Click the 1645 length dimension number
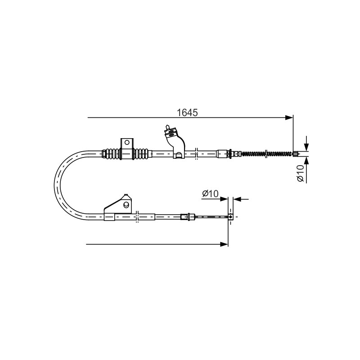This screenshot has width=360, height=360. tap(187, 113)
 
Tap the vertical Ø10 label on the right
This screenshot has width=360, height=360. tap(301, 173)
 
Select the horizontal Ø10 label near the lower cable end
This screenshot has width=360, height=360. tap(210, 193)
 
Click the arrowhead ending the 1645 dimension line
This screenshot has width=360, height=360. tap(289, 117)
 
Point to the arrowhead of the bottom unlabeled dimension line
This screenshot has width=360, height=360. tap(224, 244)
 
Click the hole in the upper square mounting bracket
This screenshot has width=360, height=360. tap(127, 142)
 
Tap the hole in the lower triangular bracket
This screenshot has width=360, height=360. tap(126, 204)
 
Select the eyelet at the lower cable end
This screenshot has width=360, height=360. tap(230, 216)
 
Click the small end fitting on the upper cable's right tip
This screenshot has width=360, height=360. tap(296, 154)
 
